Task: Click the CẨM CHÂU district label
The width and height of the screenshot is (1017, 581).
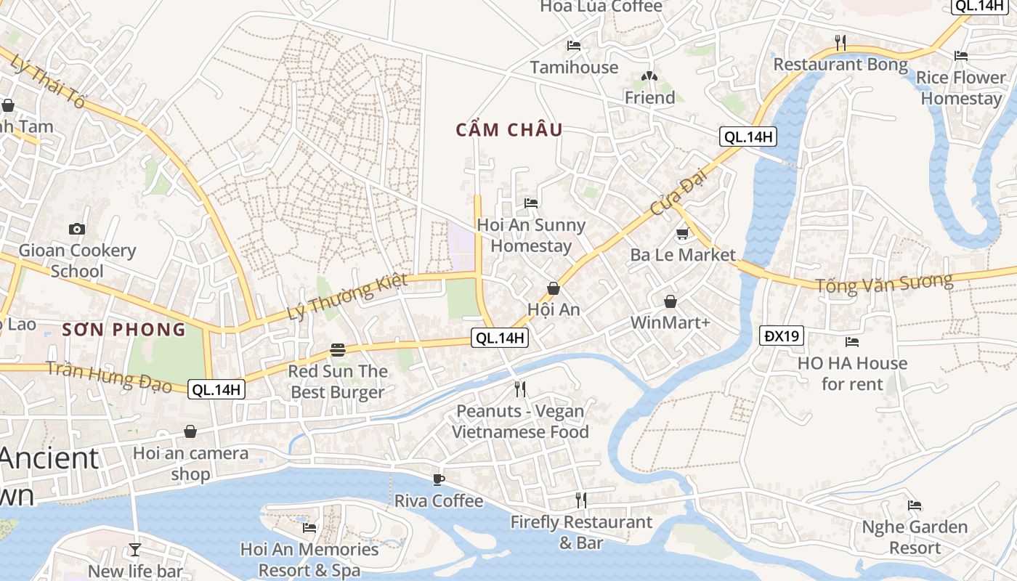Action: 509,130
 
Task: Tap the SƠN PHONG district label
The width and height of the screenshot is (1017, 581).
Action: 124,330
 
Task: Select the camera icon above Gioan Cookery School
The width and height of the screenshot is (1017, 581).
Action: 77,229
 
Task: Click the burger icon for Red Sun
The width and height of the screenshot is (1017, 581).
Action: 338,350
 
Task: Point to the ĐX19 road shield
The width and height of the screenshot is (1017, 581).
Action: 782,336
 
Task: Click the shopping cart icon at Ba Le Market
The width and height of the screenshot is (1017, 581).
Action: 682,234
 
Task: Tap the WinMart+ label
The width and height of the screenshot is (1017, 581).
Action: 670,322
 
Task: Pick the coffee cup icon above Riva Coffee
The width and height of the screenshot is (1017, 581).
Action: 438,479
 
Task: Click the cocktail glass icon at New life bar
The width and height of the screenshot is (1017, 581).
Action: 135,549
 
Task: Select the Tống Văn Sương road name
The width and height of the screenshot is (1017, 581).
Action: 883,283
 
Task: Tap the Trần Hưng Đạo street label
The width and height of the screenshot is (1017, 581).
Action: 110,375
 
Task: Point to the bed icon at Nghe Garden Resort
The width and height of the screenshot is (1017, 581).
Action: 915,505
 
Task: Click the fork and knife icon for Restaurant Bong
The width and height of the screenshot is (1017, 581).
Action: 840,43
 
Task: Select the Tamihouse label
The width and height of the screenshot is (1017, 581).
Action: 574,68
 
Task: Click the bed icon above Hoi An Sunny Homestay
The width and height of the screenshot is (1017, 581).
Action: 531,203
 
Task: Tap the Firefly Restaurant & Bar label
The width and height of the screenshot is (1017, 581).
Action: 581,532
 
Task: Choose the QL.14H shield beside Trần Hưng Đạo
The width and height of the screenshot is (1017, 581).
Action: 216,389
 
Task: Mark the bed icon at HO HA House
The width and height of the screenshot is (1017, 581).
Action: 852,342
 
